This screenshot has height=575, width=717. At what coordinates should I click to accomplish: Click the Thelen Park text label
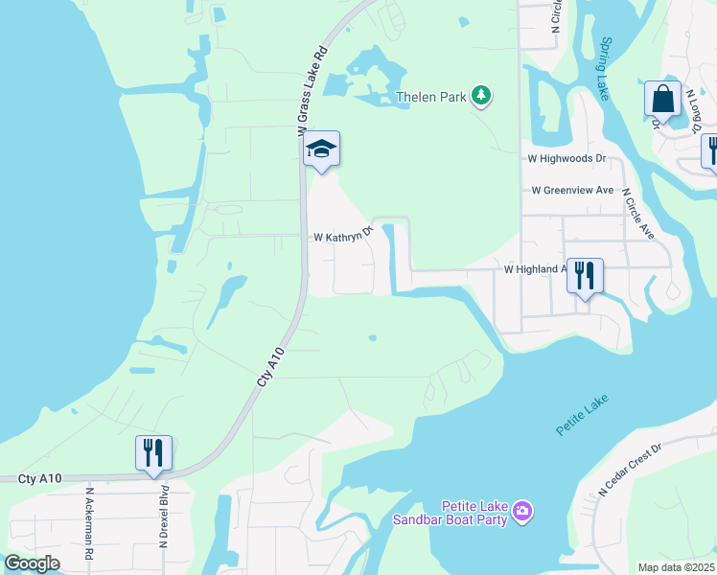431,97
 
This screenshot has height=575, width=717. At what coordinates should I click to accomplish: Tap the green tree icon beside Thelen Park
482,96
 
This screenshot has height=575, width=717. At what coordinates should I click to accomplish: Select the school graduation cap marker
321,149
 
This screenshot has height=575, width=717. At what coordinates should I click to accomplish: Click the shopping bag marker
662,98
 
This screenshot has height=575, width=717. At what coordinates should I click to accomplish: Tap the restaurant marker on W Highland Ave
584,275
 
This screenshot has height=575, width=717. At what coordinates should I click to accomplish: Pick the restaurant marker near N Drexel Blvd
153,452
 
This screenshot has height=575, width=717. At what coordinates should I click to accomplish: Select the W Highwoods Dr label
567,158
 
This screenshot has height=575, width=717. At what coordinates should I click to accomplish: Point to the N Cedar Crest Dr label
630,469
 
